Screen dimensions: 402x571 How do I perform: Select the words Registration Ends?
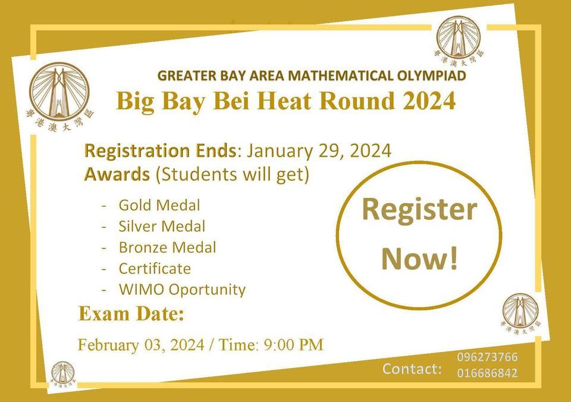pyautogui.click(x=160, y=151)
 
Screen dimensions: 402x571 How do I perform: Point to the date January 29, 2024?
pyautogui.click(x=319, y=151)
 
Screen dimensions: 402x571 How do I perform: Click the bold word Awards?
pyautogui.click(x=117, y=175)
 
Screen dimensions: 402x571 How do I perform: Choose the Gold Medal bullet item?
pyautogui.click(x=159, y=205)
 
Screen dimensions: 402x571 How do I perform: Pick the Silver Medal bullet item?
pyautogui.click(x=162, y=226)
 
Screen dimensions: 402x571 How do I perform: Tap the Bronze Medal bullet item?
pyautogui.click(x=167, y=247)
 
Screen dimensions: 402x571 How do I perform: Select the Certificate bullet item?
pyautogui.click(x=155, y=268)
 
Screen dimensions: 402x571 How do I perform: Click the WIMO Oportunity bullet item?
pyautogui.click(x=182, y=290)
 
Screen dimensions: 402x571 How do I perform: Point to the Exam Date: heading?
pyautogui.click(x=131, y=314)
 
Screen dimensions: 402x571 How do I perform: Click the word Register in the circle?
pyautogui.click(x=419, y=210)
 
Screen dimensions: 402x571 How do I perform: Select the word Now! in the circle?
pyautogui.click(x=419, y=258)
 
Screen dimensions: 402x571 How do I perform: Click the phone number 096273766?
pyautogui.click(x=487, y=357)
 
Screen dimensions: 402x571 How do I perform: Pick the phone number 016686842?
pyautogui.click(x=487, y=373)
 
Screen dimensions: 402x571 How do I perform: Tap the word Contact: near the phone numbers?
pyautogui.click(x=412, y=369)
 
